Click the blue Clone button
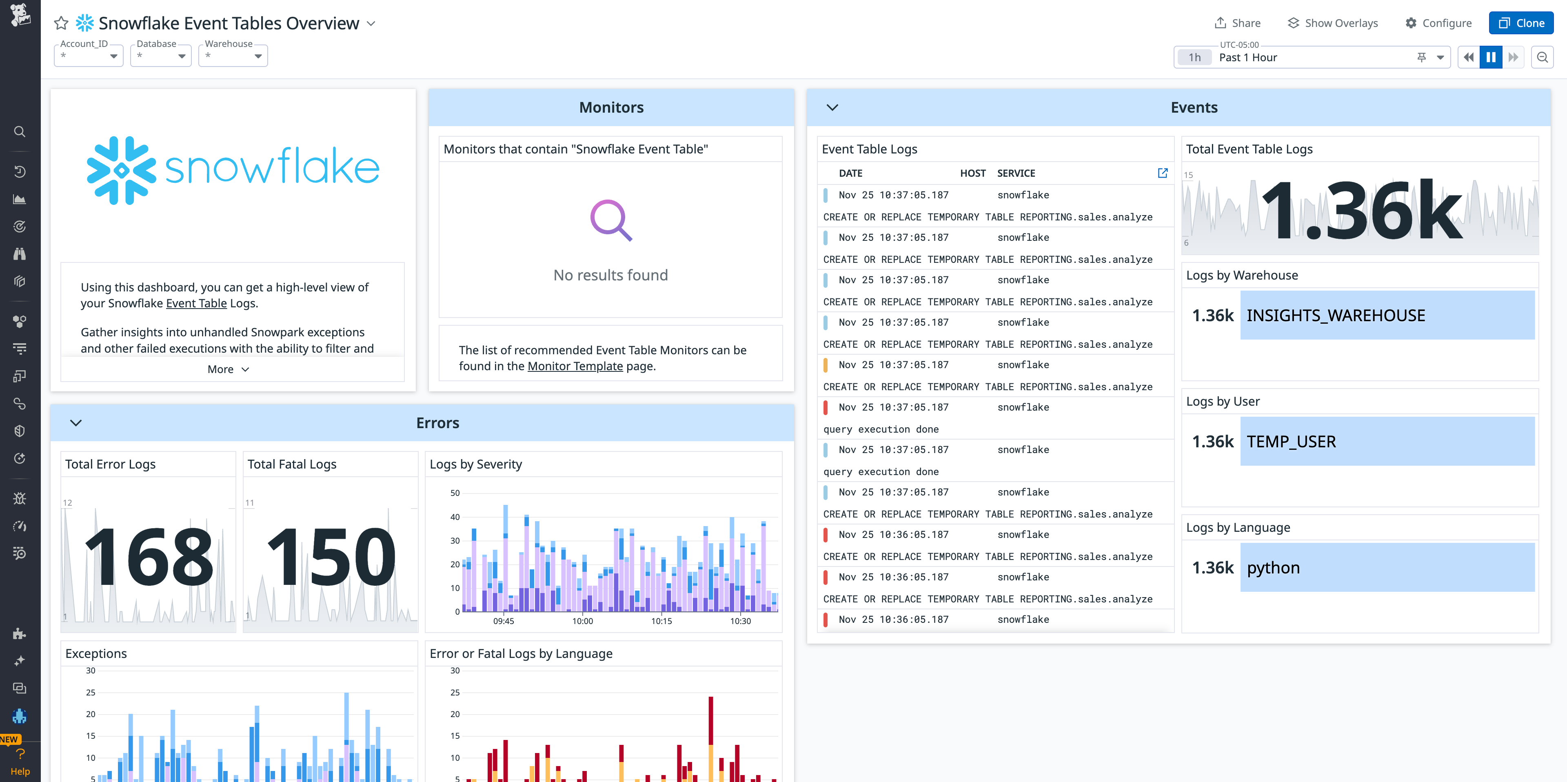coord(1521,23)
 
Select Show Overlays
coord(1332,23)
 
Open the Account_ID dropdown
coord(89,56)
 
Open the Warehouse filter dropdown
coord(233,56)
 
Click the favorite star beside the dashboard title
coord(61,23)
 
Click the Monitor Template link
coord(575,367)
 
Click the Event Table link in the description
coord(196,304)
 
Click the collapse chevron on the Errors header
coord(76,423)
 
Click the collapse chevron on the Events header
coord(832,108)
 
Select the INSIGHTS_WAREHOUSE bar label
coord(1335,315)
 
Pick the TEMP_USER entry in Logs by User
coord(1291,442)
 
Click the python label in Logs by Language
coord(1273,568)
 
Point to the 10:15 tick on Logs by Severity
coord(661,621)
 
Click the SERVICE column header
coord(1016,173)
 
